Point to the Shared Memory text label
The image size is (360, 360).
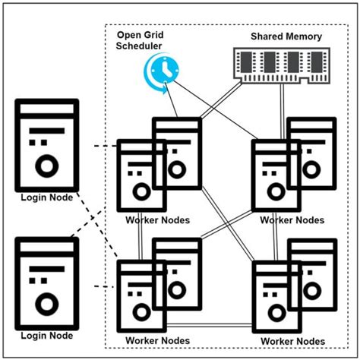[286, 36]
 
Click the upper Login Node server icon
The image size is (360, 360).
[46, 144]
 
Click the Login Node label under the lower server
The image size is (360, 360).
[46, 336]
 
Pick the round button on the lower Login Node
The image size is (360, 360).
[47, 305]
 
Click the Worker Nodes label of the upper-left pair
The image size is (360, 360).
[158, 220]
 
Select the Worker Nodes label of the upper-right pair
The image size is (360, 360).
[292, 220]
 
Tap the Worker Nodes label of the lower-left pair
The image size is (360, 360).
[158, 339]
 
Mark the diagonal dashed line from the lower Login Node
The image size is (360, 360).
[95, 216]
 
